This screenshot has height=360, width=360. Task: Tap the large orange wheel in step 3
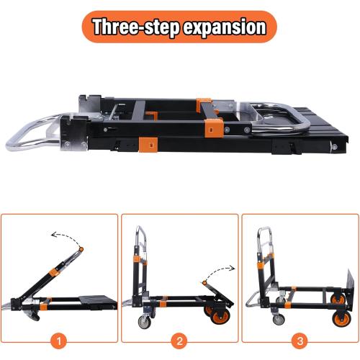pos(335,317)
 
